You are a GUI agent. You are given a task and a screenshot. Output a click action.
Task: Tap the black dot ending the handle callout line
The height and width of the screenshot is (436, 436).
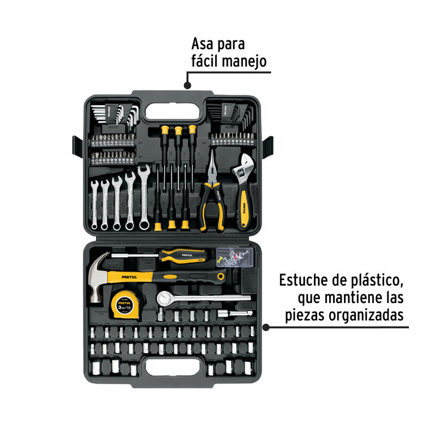point(187,86)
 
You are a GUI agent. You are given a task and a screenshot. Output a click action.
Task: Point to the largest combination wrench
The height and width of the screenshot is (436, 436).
point(144,196)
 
